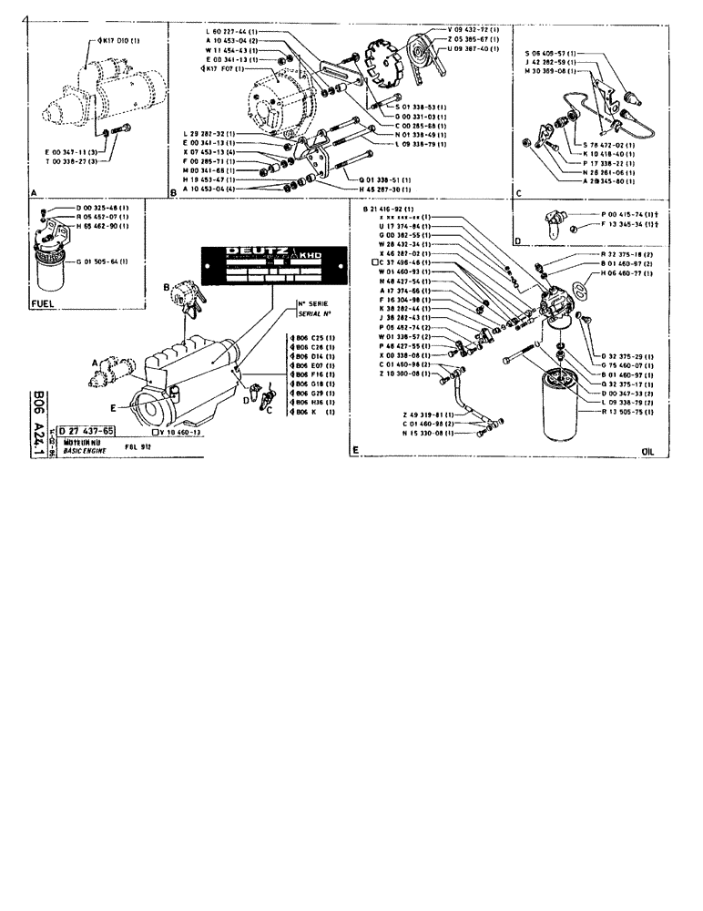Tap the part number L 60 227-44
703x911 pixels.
pyautogui.click(x=232, y=32)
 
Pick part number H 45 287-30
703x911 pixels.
pyautogui.click(x=387, y=189)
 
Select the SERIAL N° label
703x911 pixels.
pyautogui.click(x=309, y=311)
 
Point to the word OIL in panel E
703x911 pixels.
pyautogui.click(x=648, y=450)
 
